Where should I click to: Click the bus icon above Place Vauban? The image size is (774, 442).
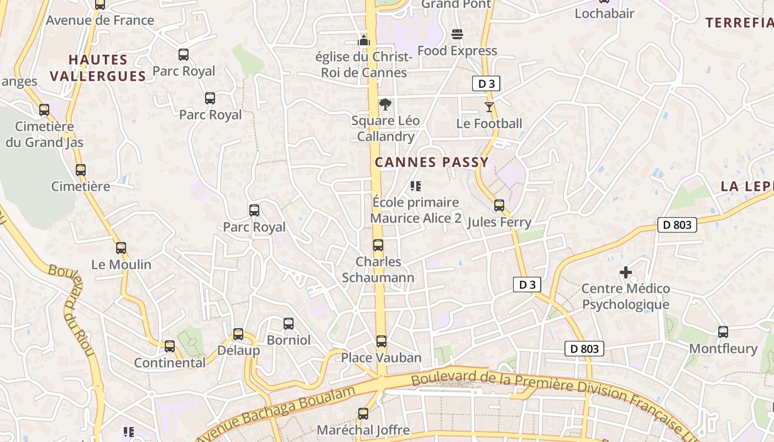click(381, 341)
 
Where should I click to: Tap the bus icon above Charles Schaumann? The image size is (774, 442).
click(378, 245)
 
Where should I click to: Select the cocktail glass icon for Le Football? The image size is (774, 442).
click(489, 107)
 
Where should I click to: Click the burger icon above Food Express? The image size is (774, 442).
click(457, 34)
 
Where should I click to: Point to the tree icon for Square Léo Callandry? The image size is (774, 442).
click(385, 104)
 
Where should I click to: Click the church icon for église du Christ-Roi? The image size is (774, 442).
click(363, 40)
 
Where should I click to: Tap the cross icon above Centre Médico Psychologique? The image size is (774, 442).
click(626, 272)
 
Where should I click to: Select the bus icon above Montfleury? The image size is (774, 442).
click(723, 332)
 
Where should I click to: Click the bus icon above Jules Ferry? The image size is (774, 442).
click(499, 206)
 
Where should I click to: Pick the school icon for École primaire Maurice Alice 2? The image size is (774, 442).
click(416, 186)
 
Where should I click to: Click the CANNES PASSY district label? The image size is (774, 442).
click(432, 162)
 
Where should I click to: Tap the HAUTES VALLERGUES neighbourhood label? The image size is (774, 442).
click(98, 67)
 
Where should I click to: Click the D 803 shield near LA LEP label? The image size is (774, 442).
click(677, 225)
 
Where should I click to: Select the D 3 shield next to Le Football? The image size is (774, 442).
click(486, 84)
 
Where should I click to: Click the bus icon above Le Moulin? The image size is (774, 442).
click(121, 248)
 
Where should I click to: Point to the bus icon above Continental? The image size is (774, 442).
click(170, 346)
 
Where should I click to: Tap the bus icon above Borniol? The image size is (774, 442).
click(289, 324)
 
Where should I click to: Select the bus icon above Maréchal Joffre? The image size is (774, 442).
click(363, 414)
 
